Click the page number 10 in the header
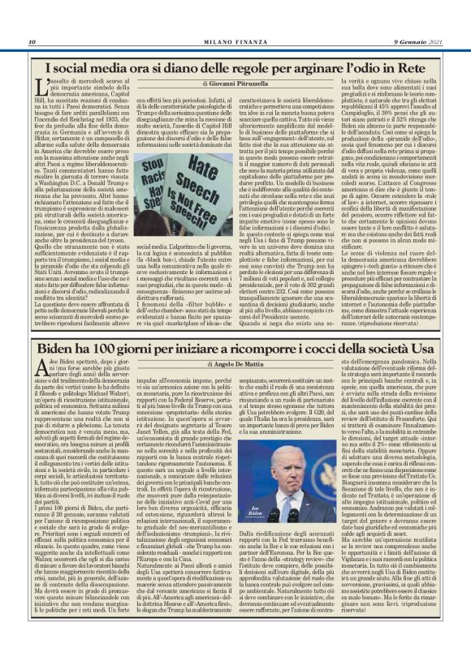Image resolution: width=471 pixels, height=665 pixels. pos(32,42)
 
